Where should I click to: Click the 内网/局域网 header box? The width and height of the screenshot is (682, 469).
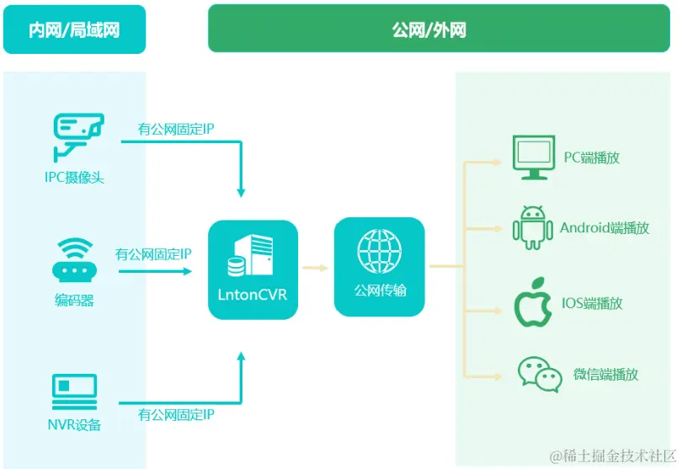pyautogui.click(x=74, y=30)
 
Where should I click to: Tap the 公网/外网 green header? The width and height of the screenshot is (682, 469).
pyautogui.click(x=429, y=30)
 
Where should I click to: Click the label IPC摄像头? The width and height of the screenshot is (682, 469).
pyautogui.click(x=75, y=177)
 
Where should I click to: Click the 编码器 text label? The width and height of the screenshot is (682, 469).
pyautogui.click(x=74, y=300)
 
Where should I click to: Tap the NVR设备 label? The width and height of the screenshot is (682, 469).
pyautogui.click(x=74, y=424)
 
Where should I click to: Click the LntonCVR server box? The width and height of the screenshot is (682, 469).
pyautogui.click(x=253, y=269)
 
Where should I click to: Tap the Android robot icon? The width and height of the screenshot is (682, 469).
pyautogui.click(x=532, y=227)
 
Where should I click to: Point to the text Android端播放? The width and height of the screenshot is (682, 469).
pyautogui.click(x=605, y=227)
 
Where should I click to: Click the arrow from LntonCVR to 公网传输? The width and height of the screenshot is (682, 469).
pyautogui.click(x=316, y=268)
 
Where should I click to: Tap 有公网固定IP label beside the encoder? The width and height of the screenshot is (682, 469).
pyautogui.click(x=153, y=253)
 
